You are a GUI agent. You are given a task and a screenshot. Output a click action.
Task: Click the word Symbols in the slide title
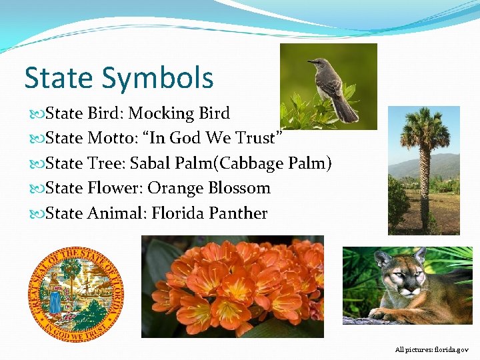click(x=158, y=78)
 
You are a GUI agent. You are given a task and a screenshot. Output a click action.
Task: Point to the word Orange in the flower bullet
click(x=175, y=188)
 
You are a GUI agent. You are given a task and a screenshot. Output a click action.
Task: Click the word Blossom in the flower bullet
click(x=239, y=188)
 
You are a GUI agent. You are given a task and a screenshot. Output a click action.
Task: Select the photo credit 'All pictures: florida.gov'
click(x=431, y=349)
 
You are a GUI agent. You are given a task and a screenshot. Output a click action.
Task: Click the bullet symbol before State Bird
click(x=39, y=114)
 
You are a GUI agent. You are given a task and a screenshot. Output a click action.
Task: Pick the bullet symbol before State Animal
click(x=39, y=214)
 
